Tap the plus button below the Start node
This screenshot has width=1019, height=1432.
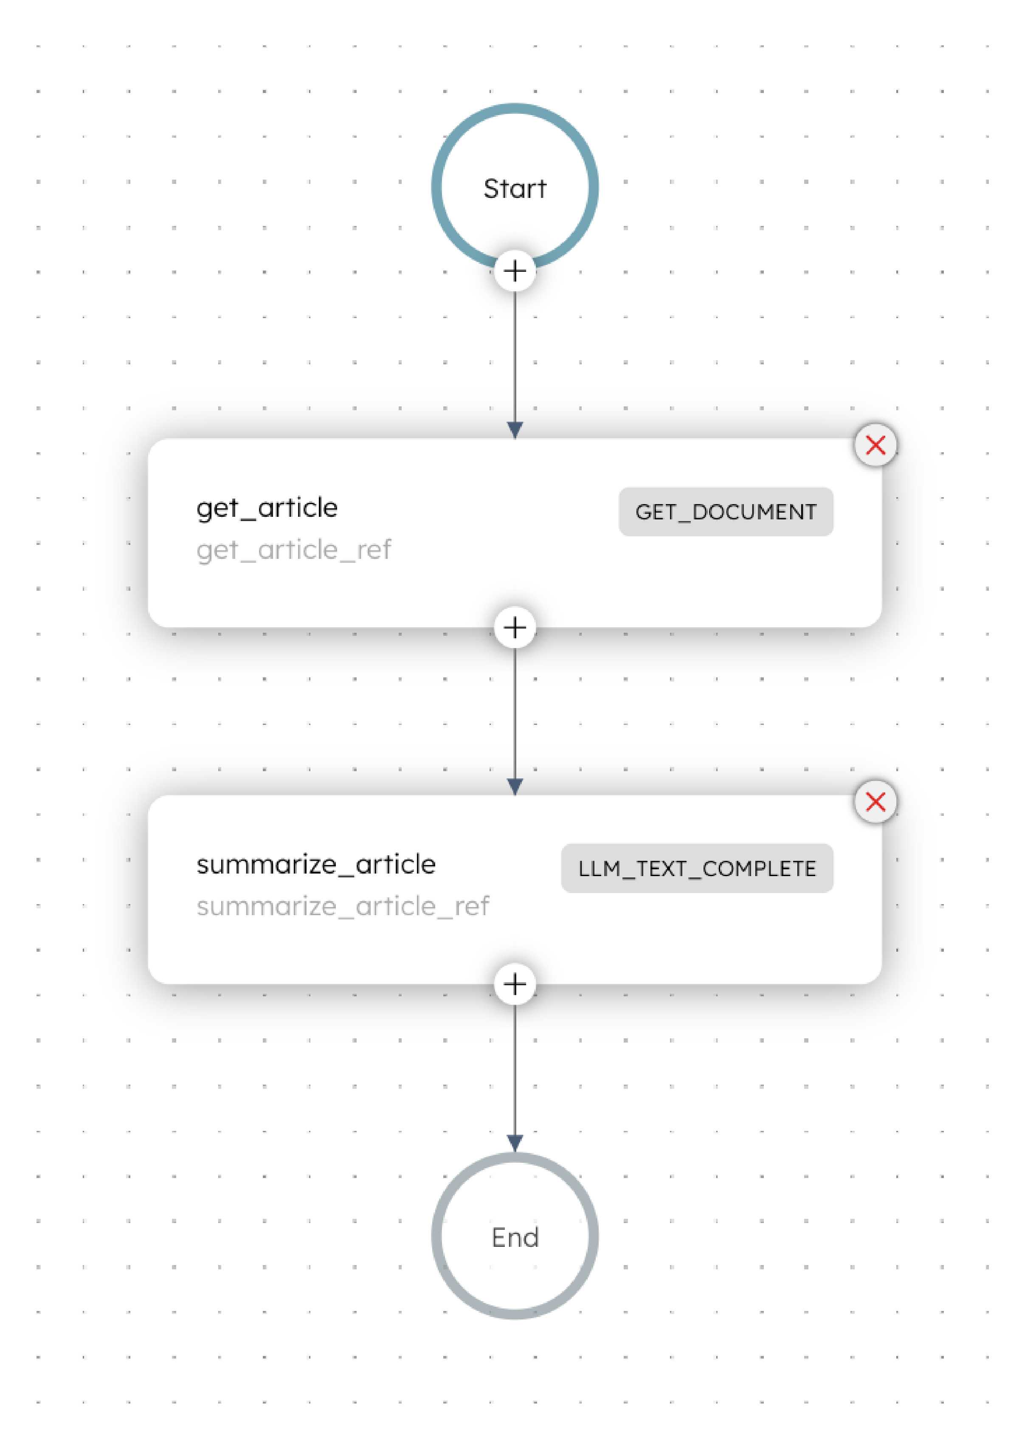515,271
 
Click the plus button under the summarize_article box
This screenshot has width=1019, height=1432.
515,984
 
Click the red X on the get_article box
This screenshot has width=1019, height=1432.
875,445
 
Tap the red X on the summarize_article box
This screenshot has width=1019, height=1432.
875,802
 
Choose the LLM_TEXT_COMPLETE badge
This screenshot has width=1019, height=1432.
697,868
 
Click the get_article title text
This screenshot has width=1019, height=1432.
267,507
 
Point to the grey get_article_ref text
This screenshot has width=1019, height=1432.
294,550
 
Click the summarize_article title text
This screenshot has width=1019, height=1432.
315,864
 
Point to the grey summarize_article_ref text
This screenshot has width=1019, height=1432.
343,906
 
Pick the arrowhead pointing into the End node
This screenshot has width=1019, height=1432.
515,1143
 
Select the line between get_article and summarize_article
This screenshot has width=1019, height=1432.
515,713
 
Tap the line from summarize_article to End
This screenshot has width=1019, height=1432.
515,1070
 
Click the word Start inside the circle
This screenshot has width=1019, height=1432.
515,188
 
